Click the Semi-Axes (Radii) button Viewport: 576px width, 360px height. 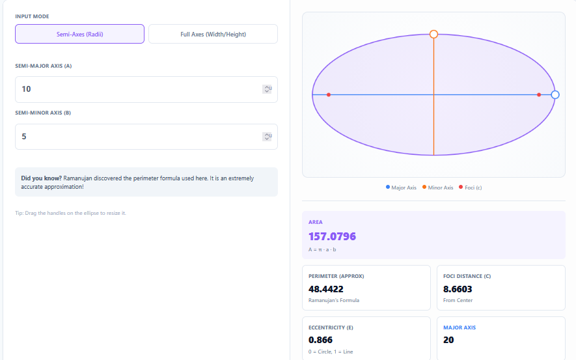[x=79, y=34]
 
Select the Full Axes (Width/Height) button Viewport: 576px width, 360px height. [x=213, y=34]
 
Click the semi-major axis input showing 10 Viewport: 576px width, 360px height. [x=137, y=89]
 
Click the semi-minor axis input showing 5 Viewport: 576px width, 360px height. [x=137, y=137]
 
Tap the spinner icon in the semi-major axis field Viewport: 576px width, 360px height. [x=267, y=89]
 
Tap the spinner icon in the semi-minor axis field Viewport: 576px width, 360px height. [x=267, y=137]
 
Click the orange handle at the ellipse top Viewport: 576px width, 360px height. [x=433, y=34]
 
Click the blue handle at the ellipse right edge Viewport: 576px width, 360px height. [x=555, y=94]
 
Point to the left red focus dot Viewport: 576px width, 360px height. [x=329, y=95]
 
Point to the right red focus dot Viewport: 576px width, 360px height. [x=539, y=95]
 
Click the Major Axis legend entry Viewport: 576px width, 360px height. [x=401, y=187]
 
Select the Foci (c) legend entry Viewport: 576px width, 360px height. [x=471, y=187]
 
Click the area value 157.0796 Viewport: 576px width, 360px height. [x=332, y=236]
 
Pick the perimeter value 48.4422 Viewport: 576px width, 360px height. [x=326, y=288]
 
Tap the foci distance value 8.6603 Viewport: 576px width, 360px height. [x=458, y=288]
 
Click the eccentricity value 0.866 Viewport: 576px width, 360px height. [x=321, y=340]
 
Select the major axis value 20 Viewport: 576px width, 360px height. [x=448, y=340]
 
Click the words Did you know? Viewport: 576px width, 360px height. [x=42, y=178]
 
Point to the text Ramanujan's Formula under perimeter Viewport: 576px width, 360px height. [x=333, y=300]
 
